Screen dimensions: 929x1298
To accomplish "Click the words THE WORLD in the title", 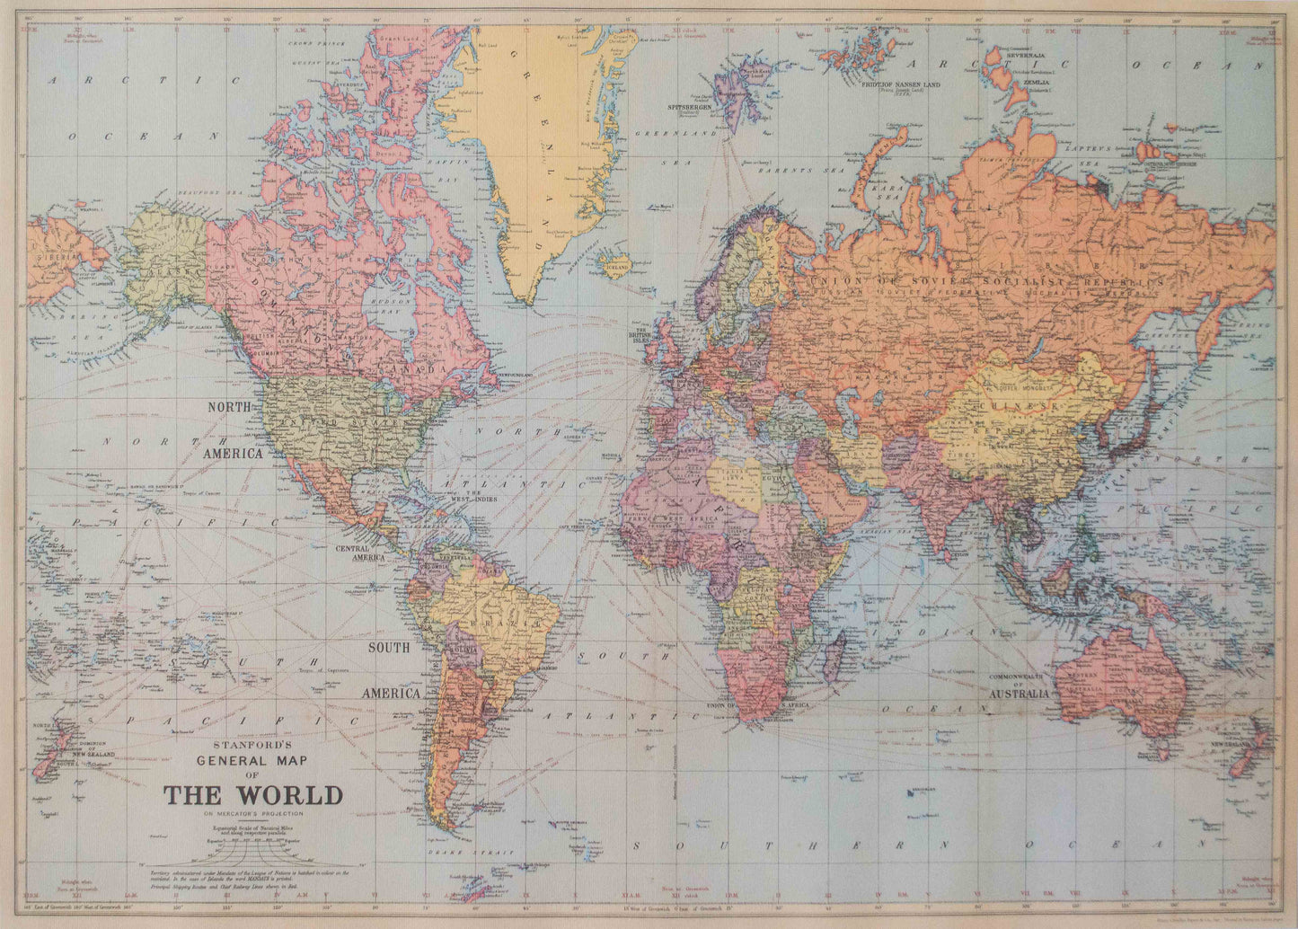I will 252,796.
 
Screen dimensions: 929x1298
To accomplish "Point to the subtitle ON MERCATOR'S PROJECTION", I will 252,813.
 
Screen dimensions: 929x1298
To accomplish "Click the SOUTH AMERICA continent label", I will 390,670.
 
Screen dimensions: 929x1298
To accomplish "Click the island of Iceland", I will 618,264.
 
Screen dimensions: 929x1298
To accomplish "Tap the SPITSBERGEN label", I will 690,107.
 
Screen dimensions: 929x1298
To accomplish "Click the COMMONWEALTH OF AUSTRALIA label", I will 1019,686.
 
